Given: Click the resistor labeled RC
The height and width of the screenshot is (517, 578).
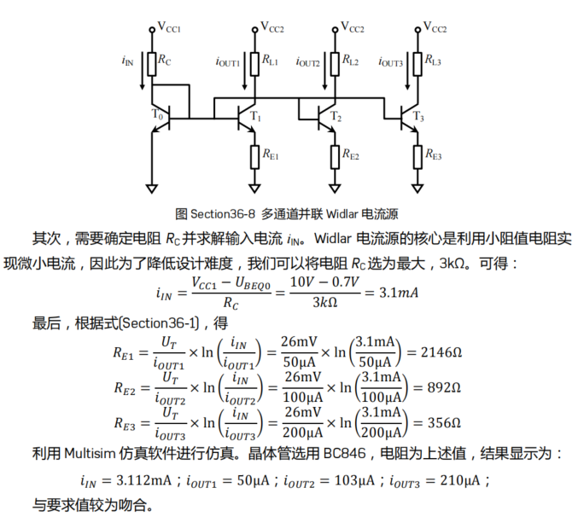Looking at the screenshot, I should (x=152, y=61).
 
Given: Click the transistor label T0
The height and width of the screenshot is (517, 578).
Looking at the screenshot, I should (x=157, y=114).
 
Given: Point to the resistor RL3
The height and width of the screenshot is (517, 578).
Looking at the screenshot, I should (x=418, y=61).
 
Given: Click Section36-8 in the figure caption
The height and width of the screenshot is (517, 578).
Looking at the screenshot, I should (x=225, y=213).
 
